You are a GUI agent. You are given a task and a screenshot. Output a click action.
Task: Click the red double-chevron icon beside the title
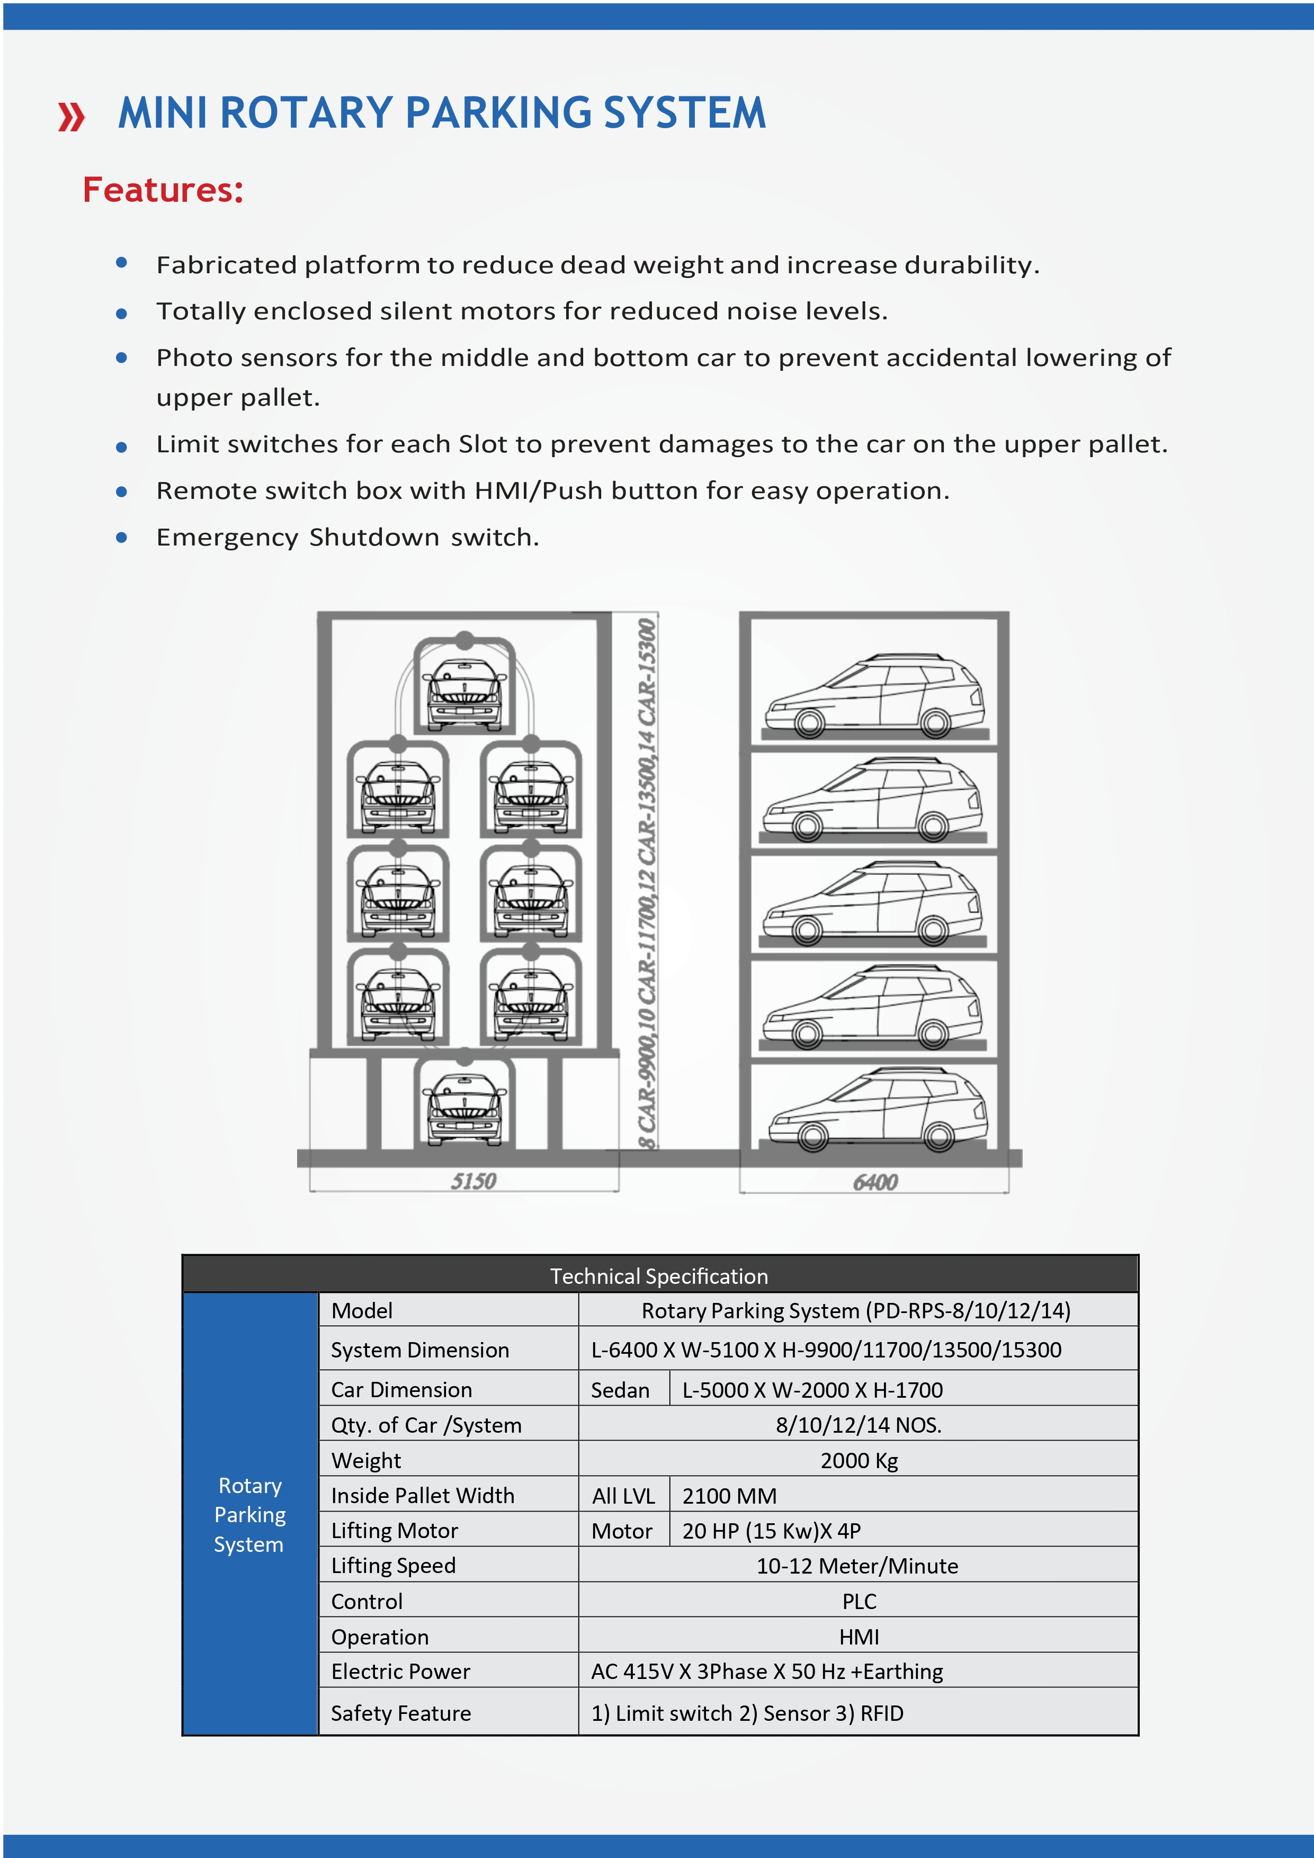click(x=71, y=115)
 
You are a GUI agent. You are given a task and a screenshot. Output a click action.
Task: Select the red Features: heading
click(x=163, y=190)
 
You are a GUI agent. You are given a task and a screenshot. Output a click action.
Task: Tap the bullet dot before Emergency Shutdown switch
click(x=121, y=538)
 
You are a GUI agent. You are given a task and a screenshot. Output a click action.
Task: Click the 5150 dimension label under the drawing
click(x=473, y=1182)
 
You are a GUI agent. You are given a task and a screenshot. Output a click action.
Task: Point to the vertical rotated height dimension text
click(x=647, y=882)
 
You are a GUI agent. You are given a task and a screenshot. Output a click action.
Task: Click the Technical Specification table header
click(x=659, y=1276)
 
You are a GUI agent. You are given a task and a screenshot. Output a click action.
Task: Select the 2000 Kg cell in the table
click(x=859, y=1461)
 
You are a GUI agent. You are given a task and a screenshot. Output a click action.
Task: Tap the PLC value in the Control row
click(x=859, y=1602)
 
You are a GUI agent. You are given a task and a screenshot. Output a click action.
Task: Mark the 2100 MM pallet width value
click(x=729, y=1496)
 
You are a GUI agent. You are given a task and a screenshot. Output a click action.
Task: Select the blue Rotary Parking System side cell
click(x=250, y=1514)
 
